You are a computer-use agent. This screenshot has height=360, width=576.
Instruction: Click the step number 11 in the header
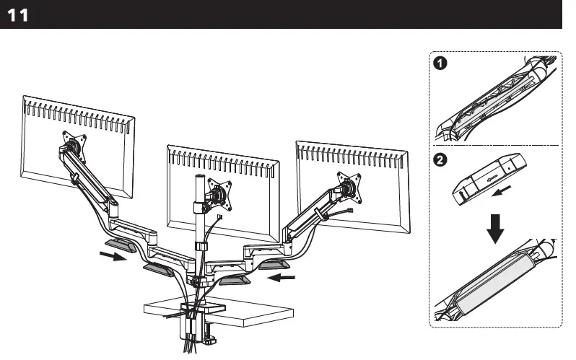click(18, 15)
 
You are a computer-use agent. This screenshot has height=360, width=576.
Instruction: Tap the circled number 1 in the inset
click(440, 64)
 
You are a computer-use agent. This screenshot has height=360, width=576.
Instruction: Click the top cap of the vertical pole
click(196, 175)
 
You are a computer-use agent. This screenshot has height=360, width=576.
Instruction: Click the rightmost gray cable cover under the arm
click(274, 266)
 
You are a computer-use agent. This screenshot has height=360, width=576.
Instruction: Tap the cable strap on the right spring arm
click(318, 216)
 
